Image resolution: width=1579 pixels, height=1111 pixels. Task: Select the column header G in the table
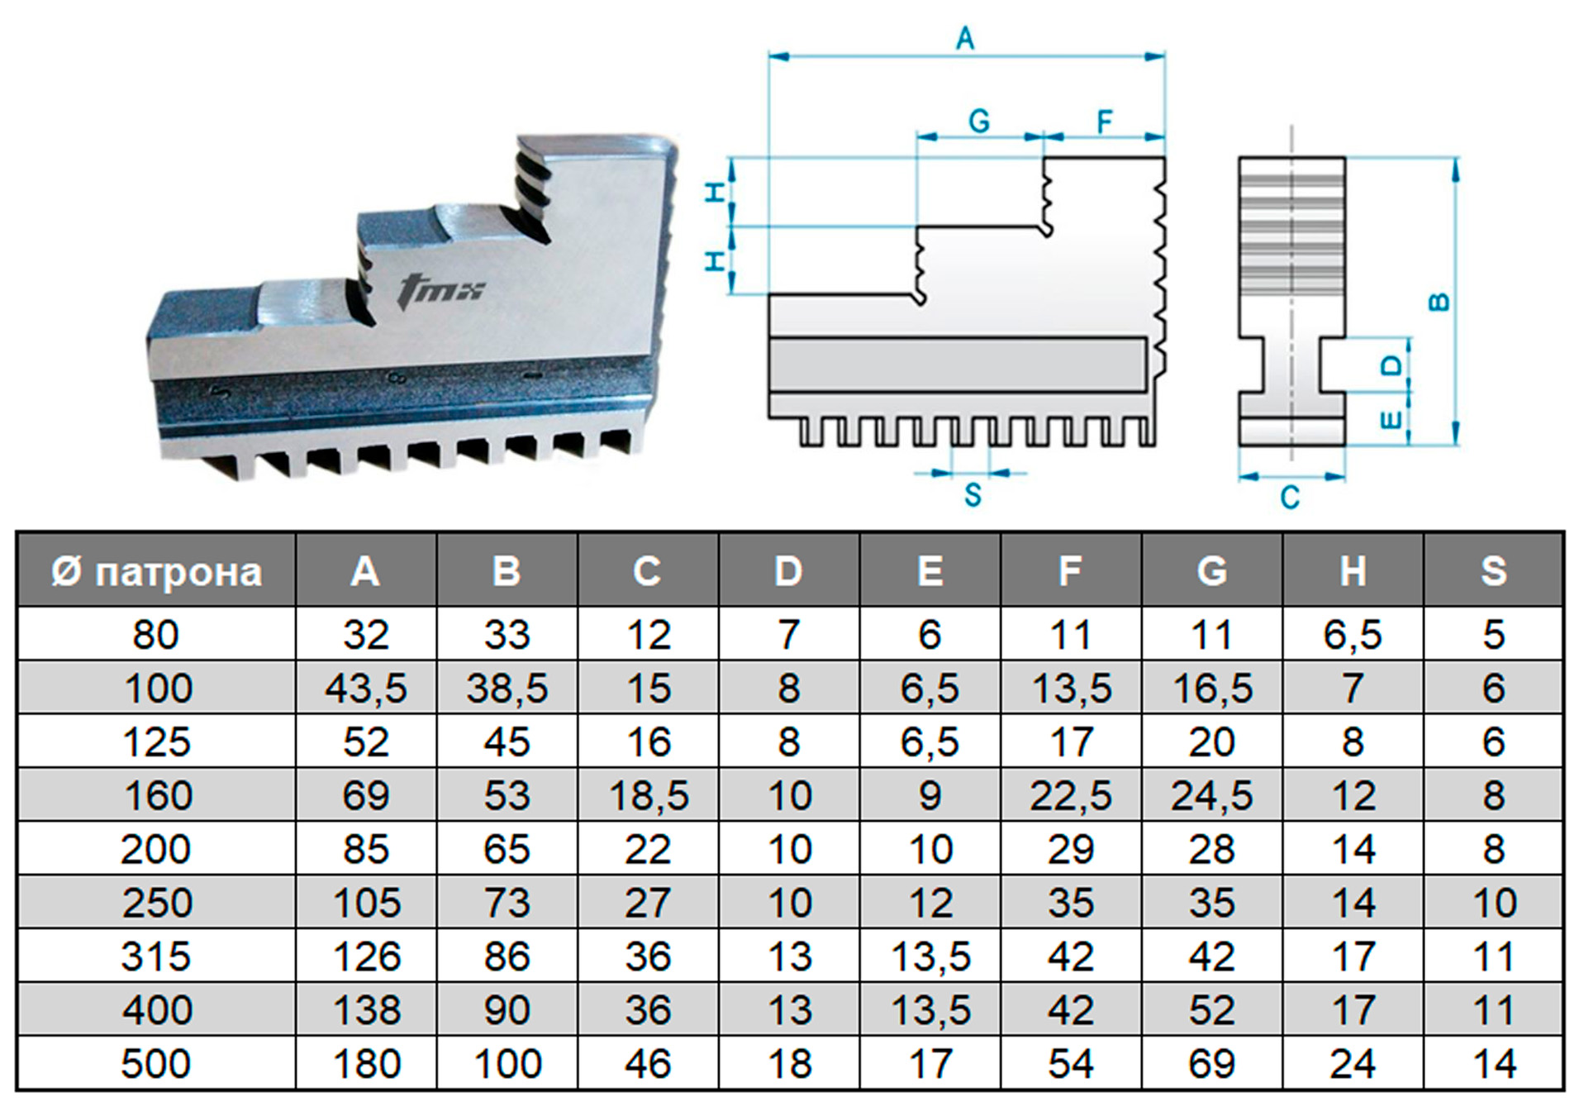[x=1211, y=571]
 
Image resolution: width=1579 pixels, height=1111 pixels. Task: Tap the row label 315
[x=156, y=956]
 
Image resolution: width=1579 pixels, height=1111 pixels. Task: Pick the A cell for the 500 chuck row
[x=366, y=1064]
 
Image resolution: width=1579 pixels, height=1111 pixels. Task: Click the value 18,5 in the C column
[x=649, y=795]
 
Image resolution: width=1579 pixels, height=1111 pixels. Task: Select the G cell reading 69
[x=1211, y=1064]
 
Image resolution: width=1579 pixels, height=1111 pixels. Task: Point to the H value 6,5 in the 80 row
[x=1353, y=635]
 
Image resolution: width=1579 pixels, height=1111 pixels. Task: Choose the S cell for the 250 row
[x=1494, y=903]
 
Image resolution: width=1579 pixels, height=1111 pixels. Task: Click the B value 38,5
[x=507, y=689]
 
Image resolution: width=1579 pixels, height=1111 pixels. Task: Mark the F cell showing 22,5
[x=1071, y=795]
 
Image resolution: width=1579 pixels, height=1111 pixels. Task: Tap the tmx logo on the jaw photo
[x=440, y=290]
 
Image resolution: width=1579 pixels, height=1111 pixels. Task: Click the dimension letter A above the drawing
[x=965, y=38]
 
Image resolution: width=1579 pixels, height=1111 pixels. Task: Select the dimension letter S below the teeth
[x=973, y=495]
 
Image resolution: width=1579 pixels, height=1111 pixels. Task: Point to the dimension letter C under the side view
[x=1290, y=498]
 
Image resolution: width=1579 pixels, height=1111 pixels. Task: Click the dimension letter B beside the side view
[x=1439, y=302]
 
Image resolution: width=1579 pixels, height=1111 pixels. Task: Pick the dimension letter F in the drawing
[x=1105, y=122]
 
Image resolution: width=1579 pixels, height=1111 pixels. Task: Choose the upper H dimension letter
[x=716, y=192]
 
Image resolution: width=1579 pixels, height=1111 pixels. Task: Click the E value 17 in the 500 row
[x=930, y=1064]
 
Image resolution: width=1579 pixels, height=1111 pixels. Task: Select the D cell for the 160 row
[x=789, y=795]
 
